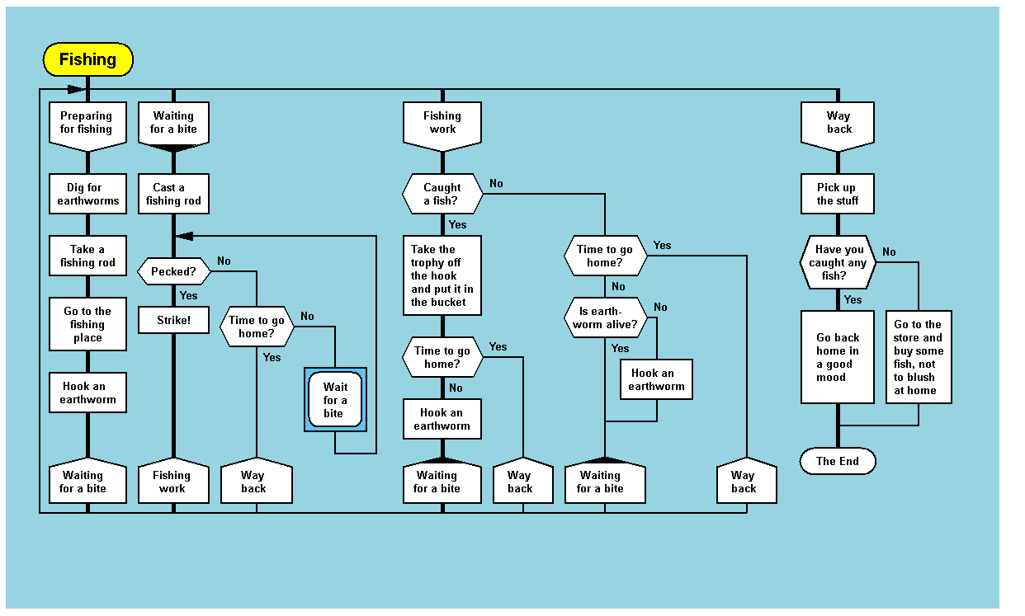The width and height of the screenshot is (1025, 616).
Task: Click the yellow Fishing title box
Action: click(87, 59)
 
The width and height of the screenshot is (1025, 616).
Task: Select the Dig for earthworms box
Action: click(87, 195)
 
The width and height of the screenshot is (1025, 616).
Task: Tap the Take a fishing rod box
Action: click(87, 256)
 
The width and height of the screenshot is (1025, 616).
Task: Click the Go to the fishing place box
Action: click(87, 324)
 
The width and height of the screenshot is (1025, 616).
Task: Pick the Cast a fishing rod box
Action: click(173, 195)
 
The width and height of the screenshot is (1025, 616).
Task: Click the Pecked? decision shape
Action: click(173, 271)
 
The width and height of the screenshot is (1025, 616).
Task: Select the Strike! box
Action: click(173, 320)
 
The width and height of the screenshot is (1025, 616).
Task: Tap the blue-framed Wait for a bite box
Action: click(335, 400)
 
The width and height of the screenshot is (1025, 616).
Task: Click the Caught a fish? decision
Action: click(442, 195)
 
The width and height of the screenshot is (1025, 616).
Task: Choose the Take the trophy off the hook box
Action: click(442, 275)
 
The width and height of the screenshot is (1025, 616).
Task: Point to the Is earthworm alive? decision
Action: click(606, 317)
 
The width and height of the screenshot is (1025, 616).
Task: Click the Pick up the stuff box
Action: click(838, 195)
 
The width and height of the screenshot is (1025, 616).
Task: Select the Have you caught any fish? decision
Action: click(838, 262)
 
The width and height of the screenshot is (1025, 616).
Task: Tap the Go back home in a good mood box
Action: click(838, 357)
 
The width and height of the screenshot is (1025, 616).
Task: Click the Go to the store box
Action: click(919, 357)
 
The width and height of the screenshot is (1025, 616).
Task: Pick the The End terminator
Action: click(838, 462)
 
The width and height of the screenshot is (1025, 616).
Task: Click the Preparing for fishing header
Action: click(87, 124)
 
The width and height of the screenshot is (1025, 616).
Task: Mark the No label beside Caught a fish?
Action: click(496, 183)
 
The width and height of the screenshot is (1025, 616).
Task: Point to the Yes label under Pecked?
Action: click(188, 295)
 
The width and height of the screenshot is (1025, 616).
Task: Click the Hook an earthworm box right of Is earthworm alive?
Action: click(656, 379)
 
